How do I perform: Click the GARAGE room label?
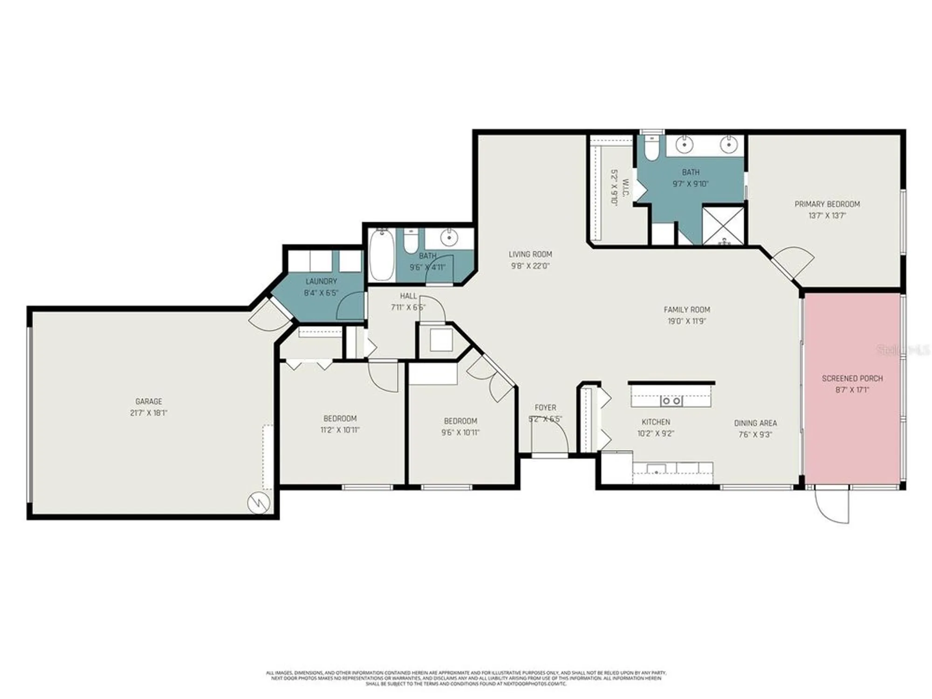pyautogui.click(x=149, y=401)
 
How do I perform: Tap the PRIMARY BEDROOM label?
pyautogui.click(x=827, y=204)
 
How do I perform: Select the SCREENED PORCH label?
pyautogui.click(x=852, y=378)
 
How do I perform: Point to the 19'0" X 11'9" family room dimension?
pyautogui.click(x=687, y=321)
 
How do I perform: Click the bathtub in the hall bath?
pyautogui.click(x=382, y=255)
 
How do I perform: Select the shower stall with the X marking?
pyautogui.click(x=723, y=226)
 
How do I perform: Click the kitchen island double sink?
pyautogui.click(x=672, y=401)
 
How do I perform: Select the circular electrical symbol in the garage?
pyautogui.click(x=259, y=503)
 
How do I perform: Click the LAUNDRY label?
pyautogui.click(x=321, y=281)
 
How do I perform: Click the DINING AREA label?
pyautogui.click(x=755, y=423)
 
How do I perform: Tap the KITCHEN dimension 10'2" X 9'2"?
pyautogui.click(x=656, y=433)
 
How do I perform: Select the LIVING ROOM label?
pyautogui.click(x=530, y=254)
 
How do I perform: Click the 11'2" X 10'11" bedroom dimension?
pyautogui.click(x=340, y=430)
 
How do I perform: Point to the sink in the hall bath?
pyautogui.click(x=449, y=238)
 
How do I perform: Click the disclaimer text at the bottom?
pyautogui.click(x=466, y=678)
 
